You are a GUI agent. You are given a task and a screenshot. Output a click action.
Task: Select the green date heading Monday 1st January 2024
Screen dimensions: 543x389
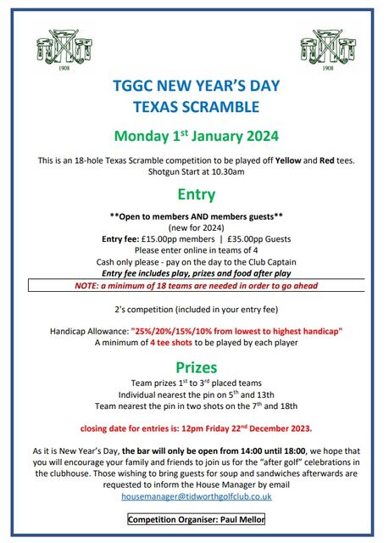pos(195,135)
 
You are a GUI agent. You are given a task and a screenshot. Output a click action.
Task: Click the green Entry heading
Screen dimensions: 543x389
pos(195,195)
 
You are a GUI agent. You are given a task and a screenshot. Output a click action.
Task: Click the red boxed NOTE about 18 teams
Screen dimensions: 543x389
pos(195,286)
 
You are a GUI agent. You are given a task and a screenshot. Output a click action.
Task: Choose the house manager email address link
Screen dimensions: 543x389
pos(196,495)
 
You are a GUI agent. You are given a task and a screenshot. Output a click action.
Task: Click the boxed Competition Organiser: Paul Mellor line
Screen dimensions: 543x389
pos(196,518)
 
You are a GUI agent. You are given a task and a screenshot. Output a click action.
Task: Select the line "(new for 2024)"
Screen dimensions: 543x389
pos(195,227)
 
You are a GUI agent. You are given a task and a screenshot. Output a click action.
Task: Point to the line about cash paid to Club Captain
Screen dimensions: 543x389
pos(195,262)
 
